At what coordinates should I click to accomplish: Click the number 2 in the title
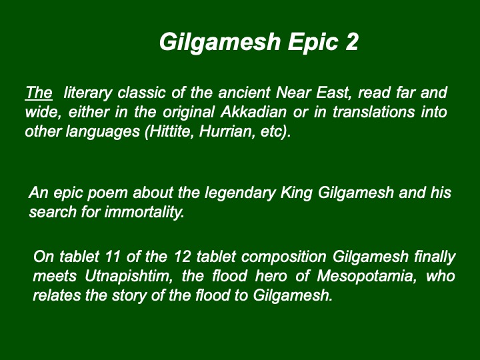click(x=352, y=41)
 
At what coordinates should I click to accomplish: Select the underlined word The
click(x=39, y=93)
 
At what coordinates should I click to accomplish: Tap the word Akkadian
click(x=253, y=112)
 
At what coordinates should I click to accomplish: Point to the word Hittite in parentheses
click(x=169, y=131)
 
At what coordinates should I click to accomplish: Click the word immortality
click(x=145, y=212)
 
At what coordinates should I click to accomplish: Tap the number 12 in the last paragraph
click(x=183, y=257)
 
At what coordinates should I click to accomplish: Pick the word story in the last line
click(x=129, y=296)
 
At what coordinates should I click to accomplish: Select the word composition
click(x=284, y=257)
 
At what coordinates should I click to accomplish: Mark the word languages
click(x=103, y=132)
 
